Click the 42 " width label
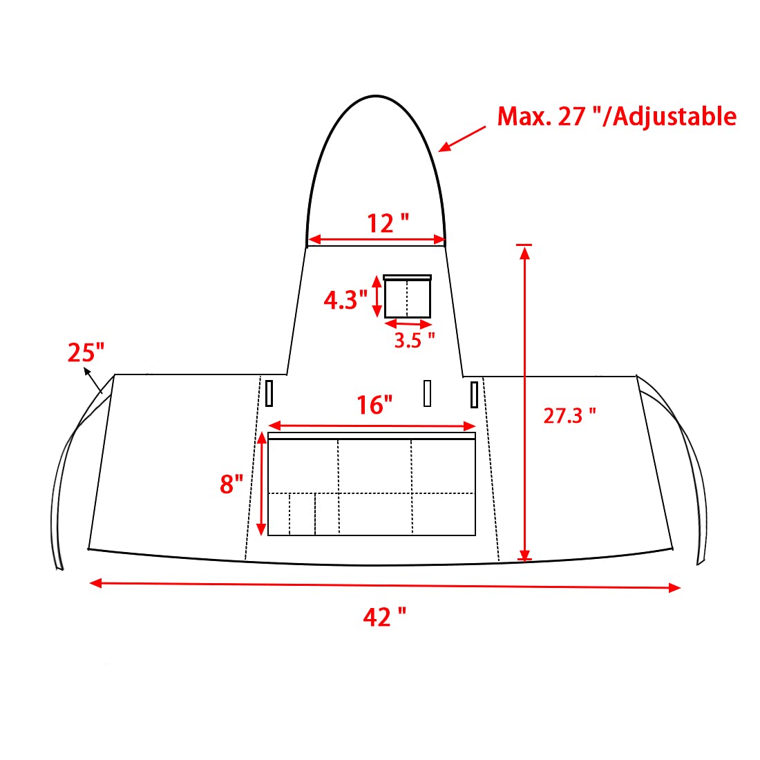[384, 616]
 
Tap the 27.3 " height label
[569, 415]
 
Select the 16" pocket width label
[374, 405]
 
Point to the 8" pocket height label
[231, 484]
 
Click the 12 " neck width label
[388, 223]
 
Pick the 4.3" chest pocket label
[345, 300]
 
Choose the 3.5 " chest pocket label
[415, 340]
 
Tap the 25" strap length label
[86, 352]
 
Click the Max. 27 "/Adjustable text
[616, 116]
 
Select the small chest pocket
[408, 297]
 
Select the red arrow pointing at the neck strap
[462, 139]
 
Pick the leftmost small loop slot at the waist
[269, 393]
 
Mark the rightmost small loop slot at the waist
[474, 395]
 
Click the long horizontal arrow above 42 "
[385, 585]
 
